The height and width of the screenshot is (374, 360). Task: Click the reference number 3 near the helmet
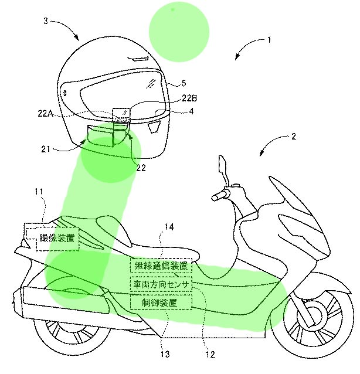point(46,21)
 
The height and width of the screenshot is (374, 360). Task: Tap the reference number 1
point(269,40)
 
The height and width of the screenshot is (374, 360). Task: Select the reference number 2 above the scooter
point(294,136)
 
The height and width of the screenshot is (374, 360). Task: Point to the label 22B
point(189,98)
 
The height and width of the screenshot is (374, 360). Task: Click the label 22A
point(45,113)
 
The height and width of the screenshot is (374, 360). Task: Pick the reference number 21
point(46,149)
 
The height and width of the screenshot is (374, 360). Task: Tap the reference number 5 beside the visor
point(184,83)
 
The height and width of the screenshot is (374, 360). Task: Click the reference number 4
point(191,111)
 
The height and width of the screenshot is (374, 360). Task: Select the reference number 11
point(39,192)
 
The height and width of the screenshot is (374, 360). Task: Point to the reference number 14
point(169,227)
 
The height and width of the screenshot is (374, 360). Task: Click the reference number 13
point(165,355)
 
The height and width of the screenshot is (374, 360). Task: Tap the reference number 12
point(210,355)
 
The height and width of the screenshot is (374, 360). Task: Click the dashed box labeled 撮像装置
point(57,239)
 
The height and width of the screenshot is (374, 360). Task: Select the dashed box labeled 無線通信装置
point(161,266)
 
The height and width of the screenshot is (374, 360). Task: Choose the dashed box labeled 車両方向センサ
point(161,284)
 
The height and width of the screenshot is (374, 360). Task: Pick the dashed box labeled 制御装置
point(161,302)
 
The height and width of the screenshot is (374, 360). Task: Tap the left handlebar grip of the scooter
point(218,196)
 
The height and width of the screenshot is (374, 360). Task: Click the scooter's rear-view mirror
point(221,164)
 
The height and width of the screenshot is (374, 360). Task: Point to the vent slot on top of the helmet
point(138,58)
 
